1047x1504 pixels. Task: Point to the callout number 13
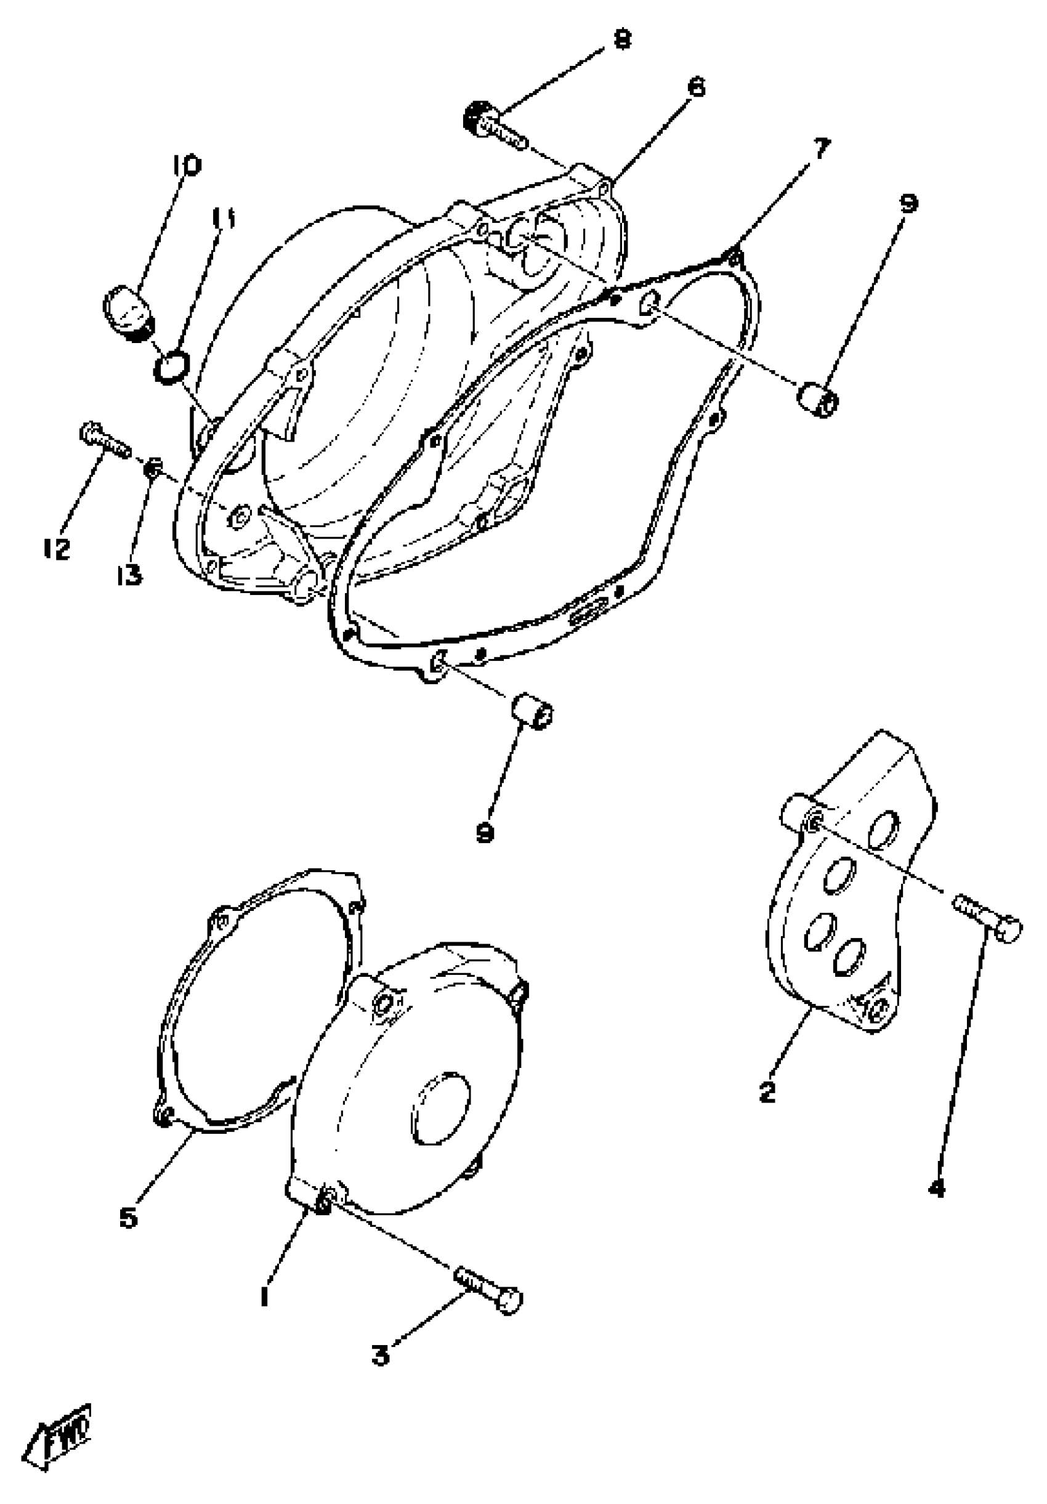[x=131, y=576]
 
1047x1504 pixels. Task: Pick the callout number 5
[x=129, y=1217]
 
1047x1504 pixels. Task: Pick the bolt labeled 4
[x=988, y=918]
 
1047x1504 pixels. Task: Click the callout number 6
[x=696, y=87]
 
